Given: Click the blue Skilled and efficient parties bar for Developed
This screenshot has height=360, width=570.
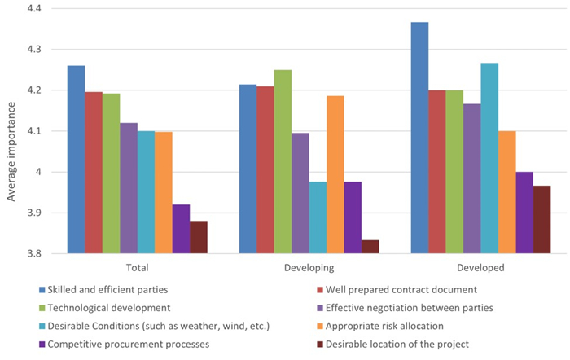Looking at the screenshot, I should point(419,138).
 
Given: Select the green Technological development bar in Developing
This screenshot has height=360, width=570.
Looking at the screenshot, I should point(283,162).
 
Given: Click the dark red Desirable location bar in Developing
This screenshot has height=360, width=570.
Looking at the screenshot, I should point(370,247).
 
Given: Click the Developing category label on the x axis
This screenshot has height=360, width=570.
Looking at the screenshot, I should point(309,267).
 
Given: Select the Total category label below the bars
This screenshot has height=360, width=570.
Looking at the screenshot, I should point(138,267).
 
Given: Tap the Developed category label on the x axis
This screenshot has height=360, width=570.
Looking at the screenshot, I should point(480,267).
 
